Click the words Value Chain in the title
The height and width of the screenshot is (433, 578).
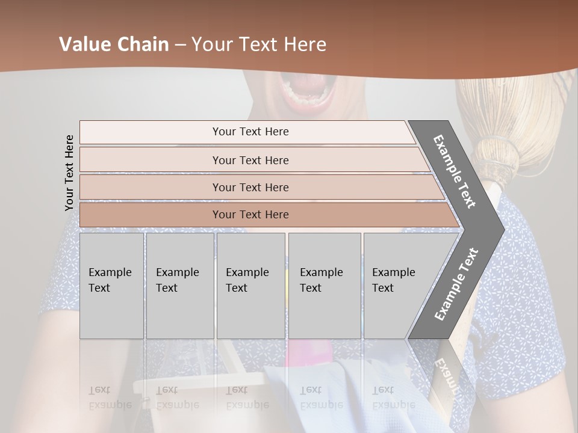tap(114, 45)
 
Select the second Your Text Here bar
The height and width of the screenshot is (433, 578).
tap(250, 160)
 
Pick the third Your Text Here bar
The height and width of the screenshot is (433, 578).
tap(250, 187)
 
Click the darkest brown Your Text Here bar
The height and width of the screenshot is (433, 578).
tap(250, 215)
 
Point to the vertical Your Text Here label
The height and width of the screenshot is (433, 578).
tap(69, 173)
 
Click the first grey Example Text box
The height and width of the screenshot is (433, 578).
tap(111, 286)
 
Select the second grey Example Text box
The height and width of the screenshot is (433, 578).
tap(179, 286)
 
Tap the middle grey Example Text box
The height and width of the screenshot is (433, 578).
tap(250, 286)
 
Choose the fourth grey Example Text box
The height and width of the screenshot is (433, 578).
tap(325, 286)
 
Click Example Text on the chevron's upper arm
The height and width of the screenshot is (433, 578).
tap(455, 171)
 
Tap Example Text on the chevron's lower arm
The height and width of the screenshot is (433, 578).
tap(456, 284)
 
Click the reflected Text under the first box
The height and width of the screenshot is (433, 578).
tap(99, 390)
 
